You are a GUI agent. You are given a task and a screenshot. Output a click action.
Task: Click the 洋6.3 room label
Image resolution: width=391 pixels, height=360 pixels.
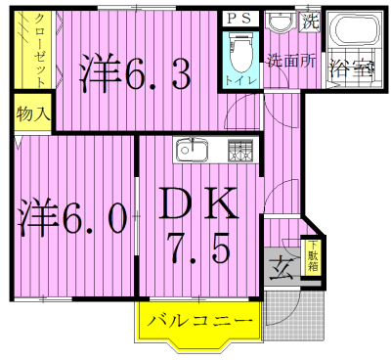(135, 73)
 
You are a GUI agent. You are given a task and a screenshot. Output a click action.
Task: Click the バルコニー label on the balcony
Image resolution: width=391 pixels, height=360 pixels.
(200, 320)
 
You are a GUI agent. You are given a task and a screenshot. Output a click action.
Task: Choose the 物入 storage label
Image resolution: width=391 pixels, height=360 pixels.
(33, 114)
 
